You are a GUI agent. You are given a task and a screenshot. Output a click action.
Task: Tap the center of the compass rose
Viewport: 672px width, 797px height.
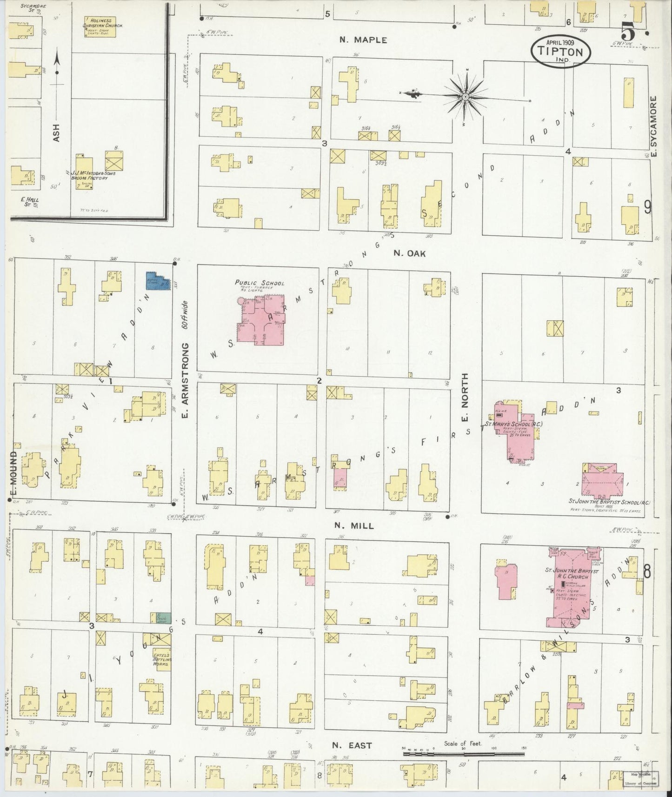[x=465, y=96]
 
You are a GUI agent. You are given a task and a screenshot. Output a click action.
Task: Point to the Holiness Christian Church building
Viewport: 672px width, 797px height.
[x=103, y=27]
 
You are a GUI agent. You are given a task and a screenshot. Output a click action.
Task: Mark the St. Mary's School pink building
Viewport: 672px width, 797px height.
[x=517, y=430]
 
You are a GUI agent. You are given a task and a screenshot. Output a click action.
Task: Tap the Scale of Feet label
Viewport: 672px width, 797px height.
[x=463, y=743]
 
